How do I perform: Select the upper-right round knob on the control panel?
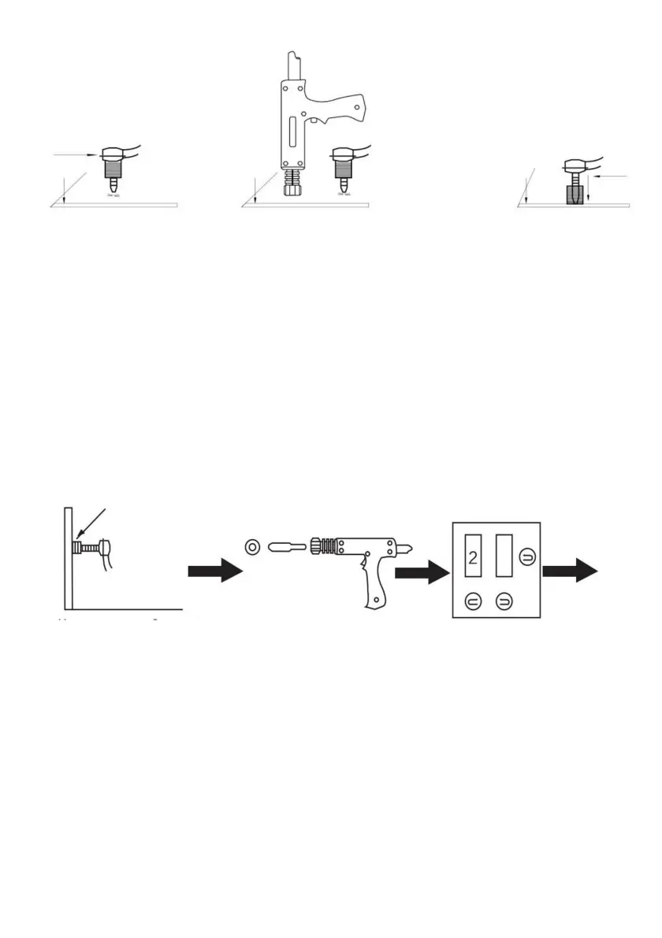526,559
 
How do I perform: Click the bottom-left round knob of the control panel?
473,601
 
